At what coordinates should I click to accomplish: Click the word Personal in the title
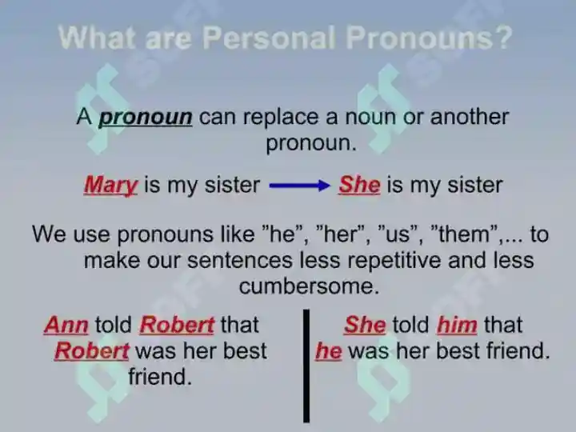[x=269, y=38]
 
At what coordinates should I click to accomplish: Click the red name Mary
[x=111, y=186]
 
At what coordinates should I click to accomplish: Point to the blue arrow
[x=300, y=186]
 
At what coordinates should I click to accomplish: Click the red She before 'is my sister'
[x=359, y=185]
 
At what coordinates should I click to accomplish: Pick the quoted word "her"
[x=340, y=234]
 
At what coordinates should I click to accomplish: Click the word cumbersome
[x=309, y=286]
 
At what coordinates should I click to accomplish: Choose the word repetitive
[x=394, y=261]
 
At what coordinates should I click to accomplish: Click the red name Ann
[x=66, y=325]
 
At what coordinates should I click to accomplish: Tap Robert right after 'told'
[x=177, y=325]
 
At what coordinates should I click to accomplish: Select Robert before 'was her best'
[x=92, y=351]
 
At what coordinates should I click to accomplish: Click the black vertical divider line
[x=306, y=366]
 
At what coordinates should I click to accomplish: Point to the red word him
[x=457, y=325]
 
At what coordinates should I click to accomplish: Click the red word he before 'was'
[x=329, y=351]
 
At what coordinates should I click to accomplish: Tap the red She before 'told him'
[x=365, y=325]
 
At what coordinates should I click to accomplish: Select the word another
[x=470, y=117]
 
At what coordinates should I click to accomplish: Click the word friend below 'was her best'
[x=160, y=377]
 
